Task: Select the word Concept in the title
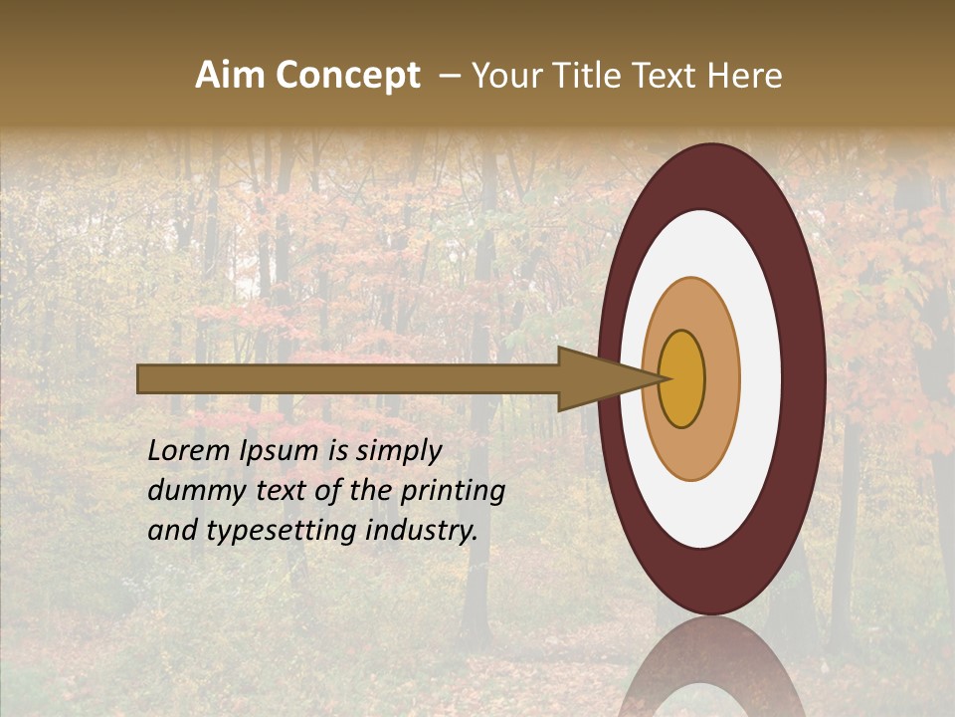pos(346,77)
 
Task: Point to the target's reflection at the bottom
pos(711,672)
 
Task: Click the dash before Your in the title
pos(449,76)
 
